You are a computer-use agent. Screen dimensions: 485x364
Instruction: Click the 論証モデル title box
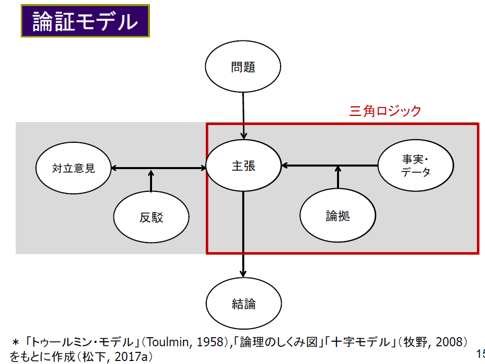(85, 21)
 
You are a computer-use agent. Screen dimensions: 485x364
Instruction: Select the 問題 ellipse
(243, 66)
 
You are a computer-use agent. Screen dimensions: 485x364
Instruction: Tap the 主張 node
(243, 166)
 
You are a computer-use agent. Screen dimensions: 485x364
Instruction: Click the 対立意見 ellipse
(73, 168)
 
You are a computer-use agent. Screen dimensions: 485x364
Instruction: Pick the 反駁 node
(151, 217)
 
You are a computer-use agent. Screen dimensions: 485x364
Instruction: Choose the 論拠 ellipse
(338, 215)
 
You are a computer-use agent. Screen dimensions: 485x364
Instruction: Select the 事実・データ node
(416, 166)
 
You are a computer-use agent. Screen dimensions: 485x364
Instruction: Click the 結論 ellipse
(244, 303)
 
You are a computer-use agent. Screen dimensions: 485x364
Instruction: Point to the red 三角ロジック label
(385, 111)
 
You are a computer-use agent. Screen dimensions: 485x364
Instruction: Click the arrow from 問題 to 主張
(243, 116)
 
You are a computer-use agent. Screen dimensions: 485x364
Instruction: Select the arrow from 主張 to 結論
(243, 234)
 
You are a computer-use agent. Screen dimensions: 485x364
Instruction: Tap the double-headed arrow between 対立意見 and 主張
(158, 168)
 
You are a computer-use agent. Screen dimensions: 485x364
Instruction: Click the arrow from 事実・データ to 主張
(330, 166)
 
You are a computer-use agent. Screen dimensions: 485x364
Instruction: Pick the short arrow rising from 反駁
(151, 181)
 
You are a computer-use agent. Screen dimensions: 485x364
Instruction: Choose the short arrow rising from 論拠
(338, 177)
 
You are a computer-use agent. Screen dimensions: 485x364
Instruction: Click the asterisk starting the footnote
(15, 342)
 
